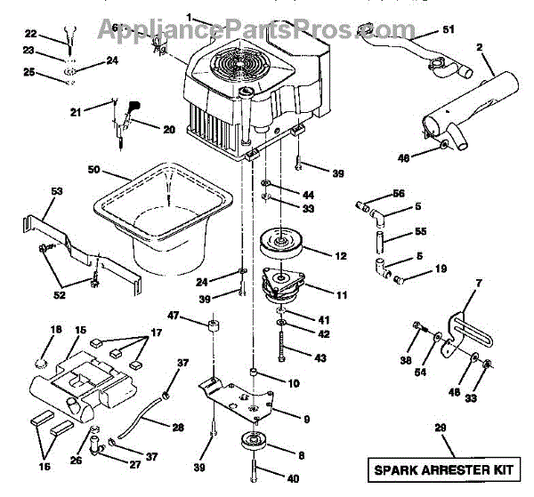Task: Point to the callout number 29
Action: (x=438, y=429)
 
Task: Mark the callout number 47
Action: (x=174, y=316)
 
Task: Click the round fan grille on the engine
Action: (x=243, y=62)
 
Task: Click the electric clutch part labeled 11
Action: (x=283, y=290)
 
